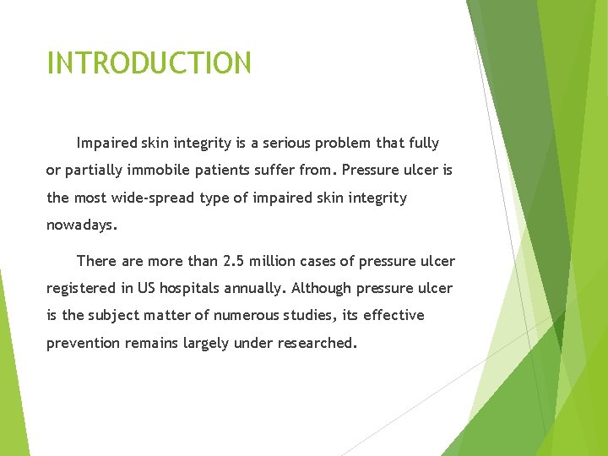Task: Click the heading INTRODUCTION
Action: click(x=149, y=63)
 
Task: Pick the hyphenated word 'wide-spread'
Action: click(x=162, y=198)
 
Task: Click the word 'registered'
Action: click(x=82, y=289)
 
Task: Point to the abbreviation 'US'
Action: click(x=146, y=289)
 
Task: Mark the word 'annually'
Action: click(x=256, y=289)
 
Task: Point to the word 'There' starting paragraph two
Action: click(x=95, y=261)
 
